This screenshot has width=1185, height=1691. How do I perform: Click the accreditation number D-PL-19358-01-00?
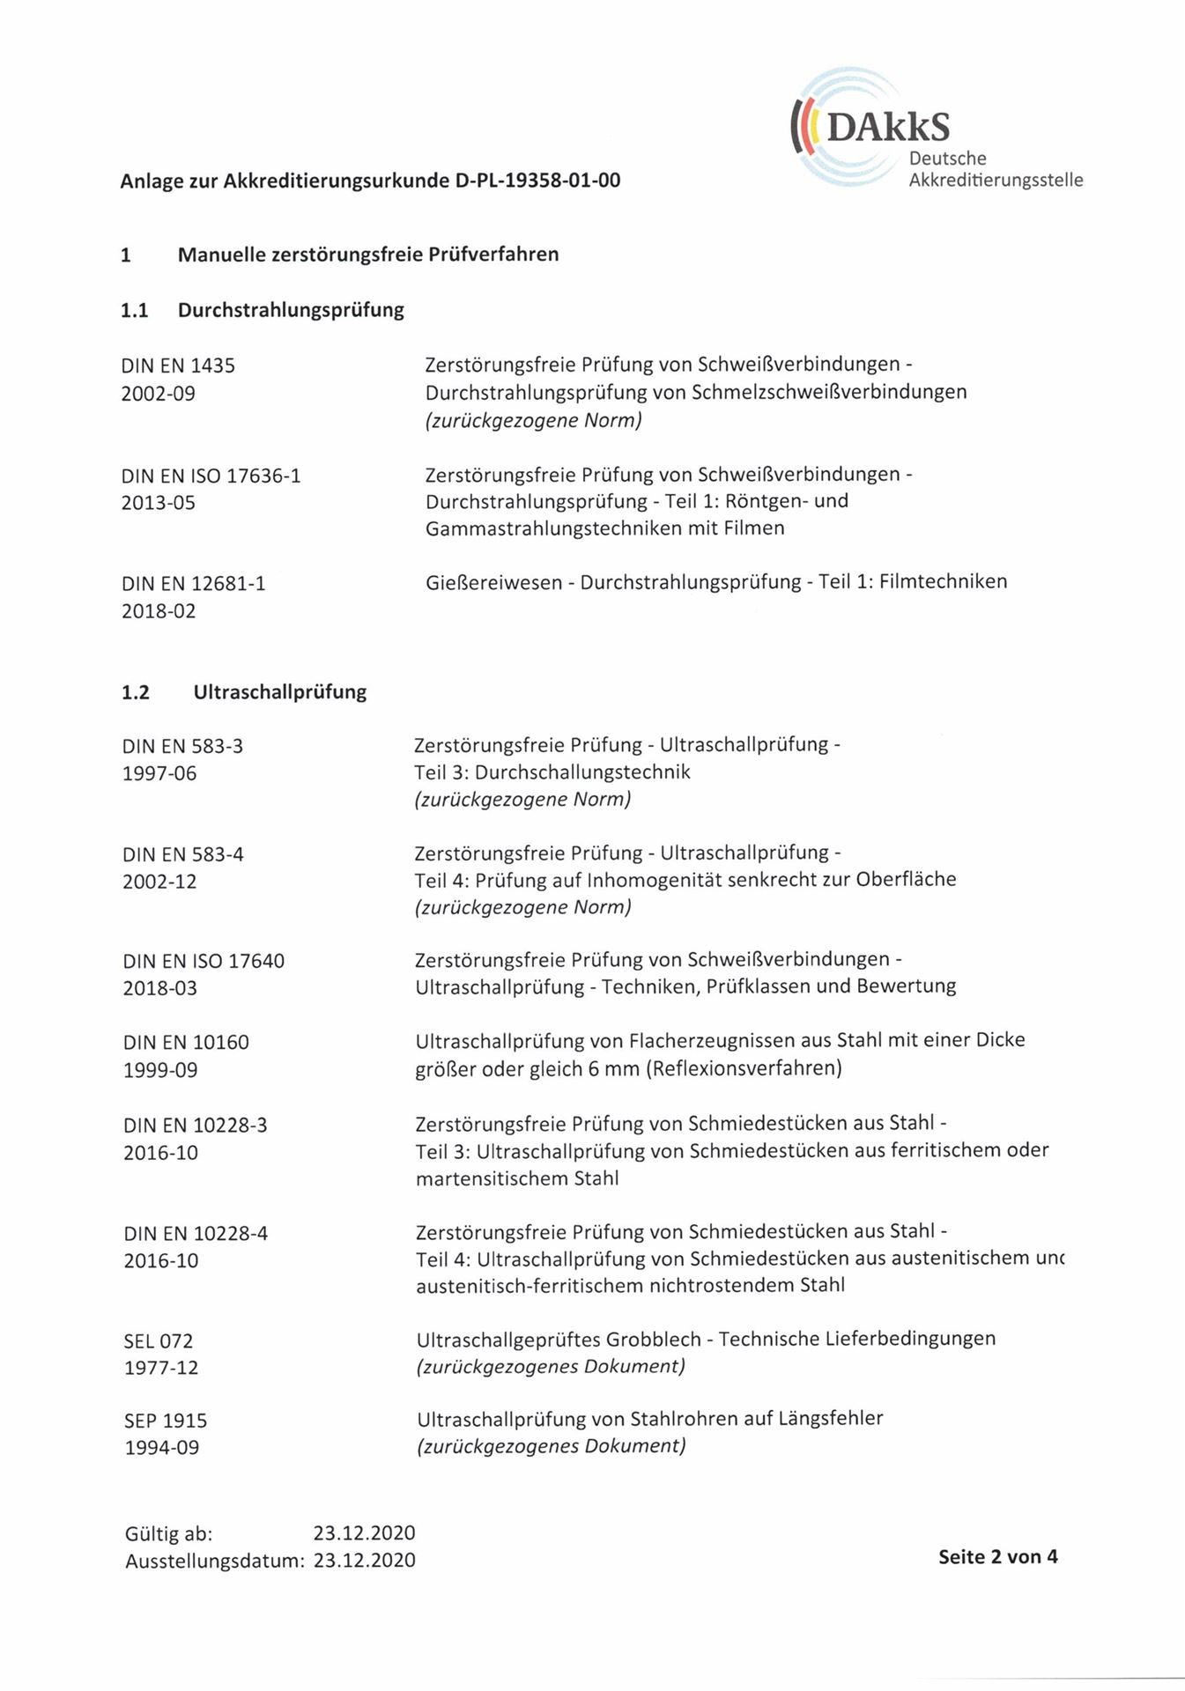(x=537, y=181)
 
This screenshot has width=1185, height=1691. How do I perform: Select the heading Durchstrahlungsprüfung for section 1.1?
(x=291, y=310)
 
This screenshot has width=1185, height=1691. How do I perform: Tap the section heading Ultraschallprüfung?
(x=279, y=692)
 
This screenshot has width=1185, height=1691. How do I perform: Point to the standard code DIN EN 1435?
(x=178, y=366)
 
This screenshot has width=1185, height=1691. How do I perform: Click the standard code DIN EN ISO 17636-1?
(x=211, y=476)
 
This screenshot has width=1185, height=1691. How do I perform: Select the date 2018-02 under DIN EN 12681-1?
(x=159, y=611)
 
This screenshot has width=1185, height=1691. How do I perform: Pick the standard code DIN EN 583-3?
(x=182, y=747)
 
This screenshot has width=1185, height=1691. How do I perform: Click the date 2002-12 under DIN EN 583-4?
(x=159, y=882)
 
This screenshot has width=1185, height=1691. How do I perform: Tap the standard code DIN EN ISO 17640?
(x=204, y=961)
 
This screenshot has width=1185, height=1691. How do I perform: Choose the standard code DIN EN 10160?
(x=186, y=1043)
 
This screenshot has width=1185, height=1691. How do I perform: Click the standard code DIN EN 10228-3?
(x=196, y=1126)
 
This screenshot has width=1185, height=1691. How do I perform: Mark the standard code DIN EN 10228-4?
(x=196, y=1234)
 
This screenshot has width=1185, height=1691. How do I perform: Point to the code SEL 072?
(x=158, y=1341)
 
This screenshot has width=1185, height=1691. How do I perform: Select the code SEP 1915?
(x=166, y=1421)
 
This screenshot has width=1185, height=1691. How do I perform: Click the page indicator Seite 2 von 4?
(x=997, y=1556)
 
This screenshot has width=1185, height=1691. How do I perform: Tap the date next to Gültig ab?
(x=364, y=1533)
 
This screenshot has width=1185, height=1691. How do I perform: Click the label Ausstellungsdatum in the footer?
(x=214, y=1562)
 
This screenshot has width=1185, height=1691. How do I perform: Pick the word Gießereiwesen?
(x=493, y=582)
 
